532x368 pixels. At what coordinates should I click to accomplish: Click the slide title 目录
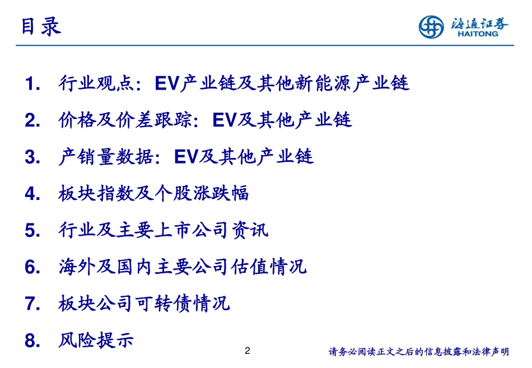tap(41, 26)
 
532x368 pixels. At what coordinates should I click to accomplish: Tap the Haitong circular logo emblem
tap(432, 27)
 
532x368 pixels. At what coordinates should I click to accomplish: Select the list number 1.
tap(32, 84)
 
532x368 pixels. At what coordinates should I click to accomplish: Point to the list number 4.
tap(32, 194)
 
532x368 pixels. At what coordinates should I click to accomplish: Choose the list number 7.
tap(32, 304)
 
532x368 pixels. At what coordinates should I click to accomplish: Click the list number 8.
tap(32, 341)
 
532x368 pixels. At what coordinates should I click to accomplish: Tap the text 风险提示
tap(96, 340)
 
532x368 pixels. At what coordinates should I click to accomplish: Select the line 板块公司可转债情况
tap(144, 304)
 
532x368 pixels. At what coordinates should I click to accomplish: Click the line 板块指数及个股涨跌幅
tap(153, 194)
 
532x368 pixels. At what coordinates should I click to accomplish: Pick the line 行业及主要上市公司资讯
tap(163, 230)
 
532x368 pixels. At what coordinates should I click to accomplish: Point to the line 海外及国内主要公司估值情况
tap(182, 267)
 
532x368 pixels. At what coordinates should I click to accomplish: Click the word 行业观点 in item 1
tap(96, 84)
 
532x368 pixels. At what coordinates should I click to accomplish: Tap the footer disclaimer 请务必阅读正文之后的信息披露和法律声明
tap(418, 352)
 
